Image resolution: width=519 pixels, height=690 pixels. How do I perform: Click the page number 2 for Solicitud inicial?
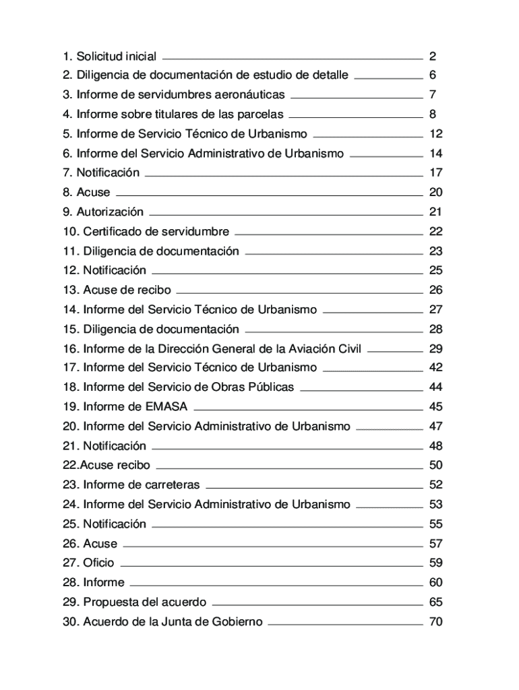[433, 56]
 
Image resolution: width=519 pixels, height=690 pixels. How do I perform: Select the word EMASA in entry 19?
[166, 407]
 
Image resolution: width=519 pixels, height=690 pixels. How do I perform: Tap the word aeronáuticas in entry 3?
[245, 95]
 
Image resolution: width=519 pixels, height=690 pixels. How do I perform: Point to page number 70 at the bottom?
[435, 622]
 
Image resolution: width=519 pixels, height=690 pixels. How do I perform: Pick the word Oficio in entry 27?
[98, 563]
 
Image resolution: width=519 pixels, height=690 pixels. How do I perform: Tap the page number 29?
[435, 349]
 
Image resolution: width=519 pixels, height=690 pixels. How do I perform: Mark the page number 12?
[435, 134]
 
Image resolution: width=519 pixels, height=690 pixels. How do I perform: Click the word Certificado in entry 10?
[111, 232]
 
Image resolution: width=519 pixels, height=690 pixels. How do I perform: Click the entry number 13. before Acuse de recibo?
[71, 290]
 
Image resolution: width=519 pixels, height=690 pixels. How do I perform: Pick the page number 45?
[435, 407]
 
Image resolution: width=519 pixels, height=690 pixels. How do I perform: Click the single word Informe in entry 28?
[104, 583]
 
